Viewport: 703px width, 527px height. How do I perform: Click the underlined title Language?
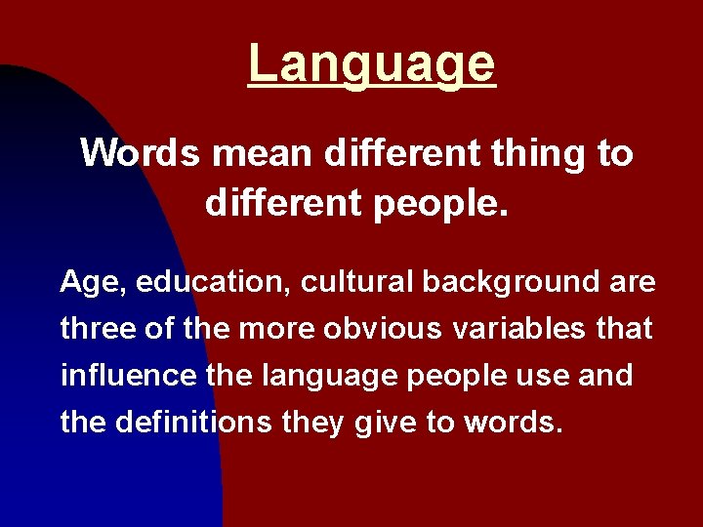[372, 64]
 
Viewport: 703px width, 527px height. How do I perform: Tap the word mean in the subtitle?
[263, 153]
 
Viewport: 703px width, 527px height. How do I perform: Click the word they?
[309, 423]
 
